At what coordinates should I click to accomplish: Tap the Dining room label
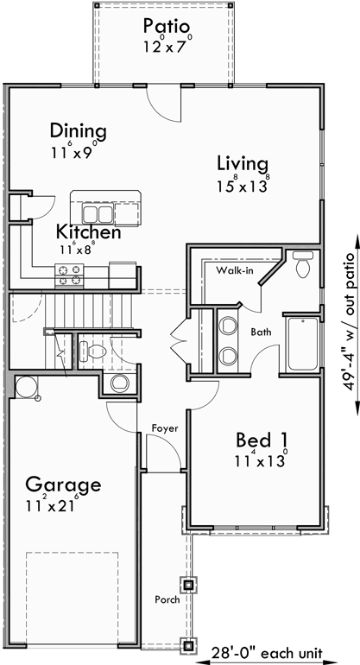(78, 131)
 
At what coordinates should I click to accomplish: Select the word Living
(243, 163)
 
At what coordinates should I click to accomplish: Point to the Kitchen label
(88, 231)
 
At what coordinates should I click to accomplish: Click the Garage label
(62, 484)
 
